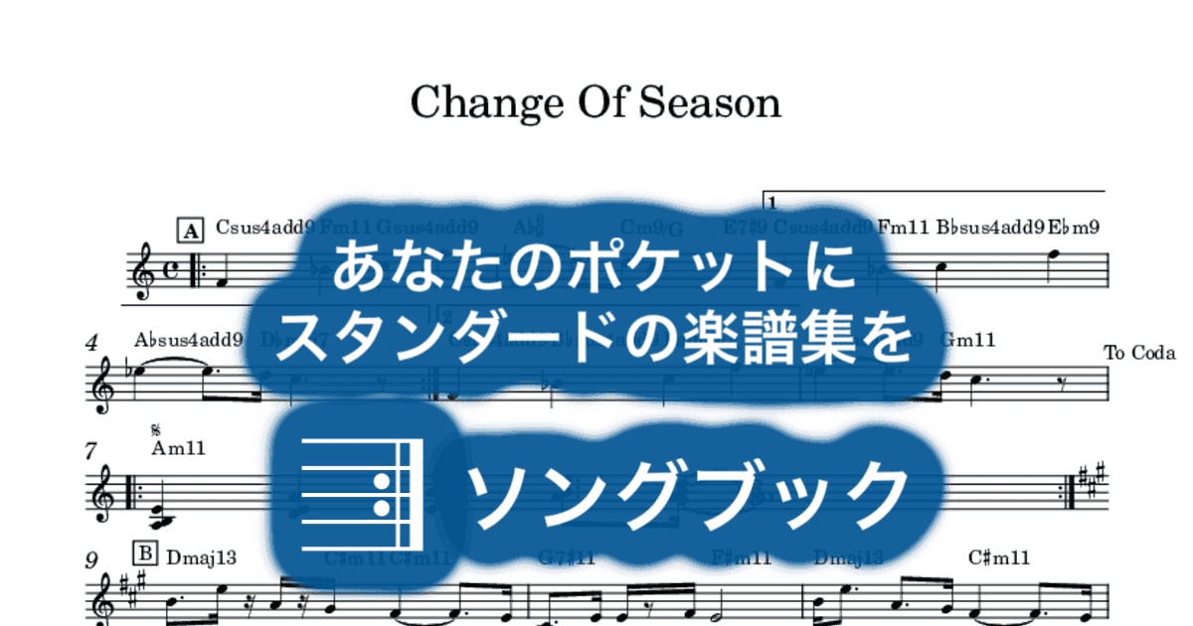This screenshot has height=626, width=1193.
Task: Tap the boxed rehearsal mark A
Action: [x=189, y=231]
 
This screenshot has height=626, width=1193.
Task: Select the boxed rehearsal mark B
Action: [x=144, y=554]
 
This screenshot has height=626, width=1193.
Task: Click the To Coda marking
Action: [x=1139, y=353]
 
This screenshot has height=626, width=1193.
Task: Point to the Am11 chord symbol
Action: [x=178, y=448]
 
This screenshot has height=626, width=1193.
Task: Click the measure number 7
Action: [x=91, y=452]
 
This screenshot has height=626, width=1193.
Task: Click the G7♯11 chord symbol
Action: [x=567, y=557]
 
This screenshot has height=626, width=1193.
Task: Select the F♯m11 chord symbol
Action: [x=742, y=557]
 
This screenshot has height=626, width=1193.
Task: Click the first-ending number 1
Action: [x=771, y=203]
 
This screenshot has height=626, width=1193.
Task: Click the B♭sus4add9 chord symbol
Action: [x=989, y=227]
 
